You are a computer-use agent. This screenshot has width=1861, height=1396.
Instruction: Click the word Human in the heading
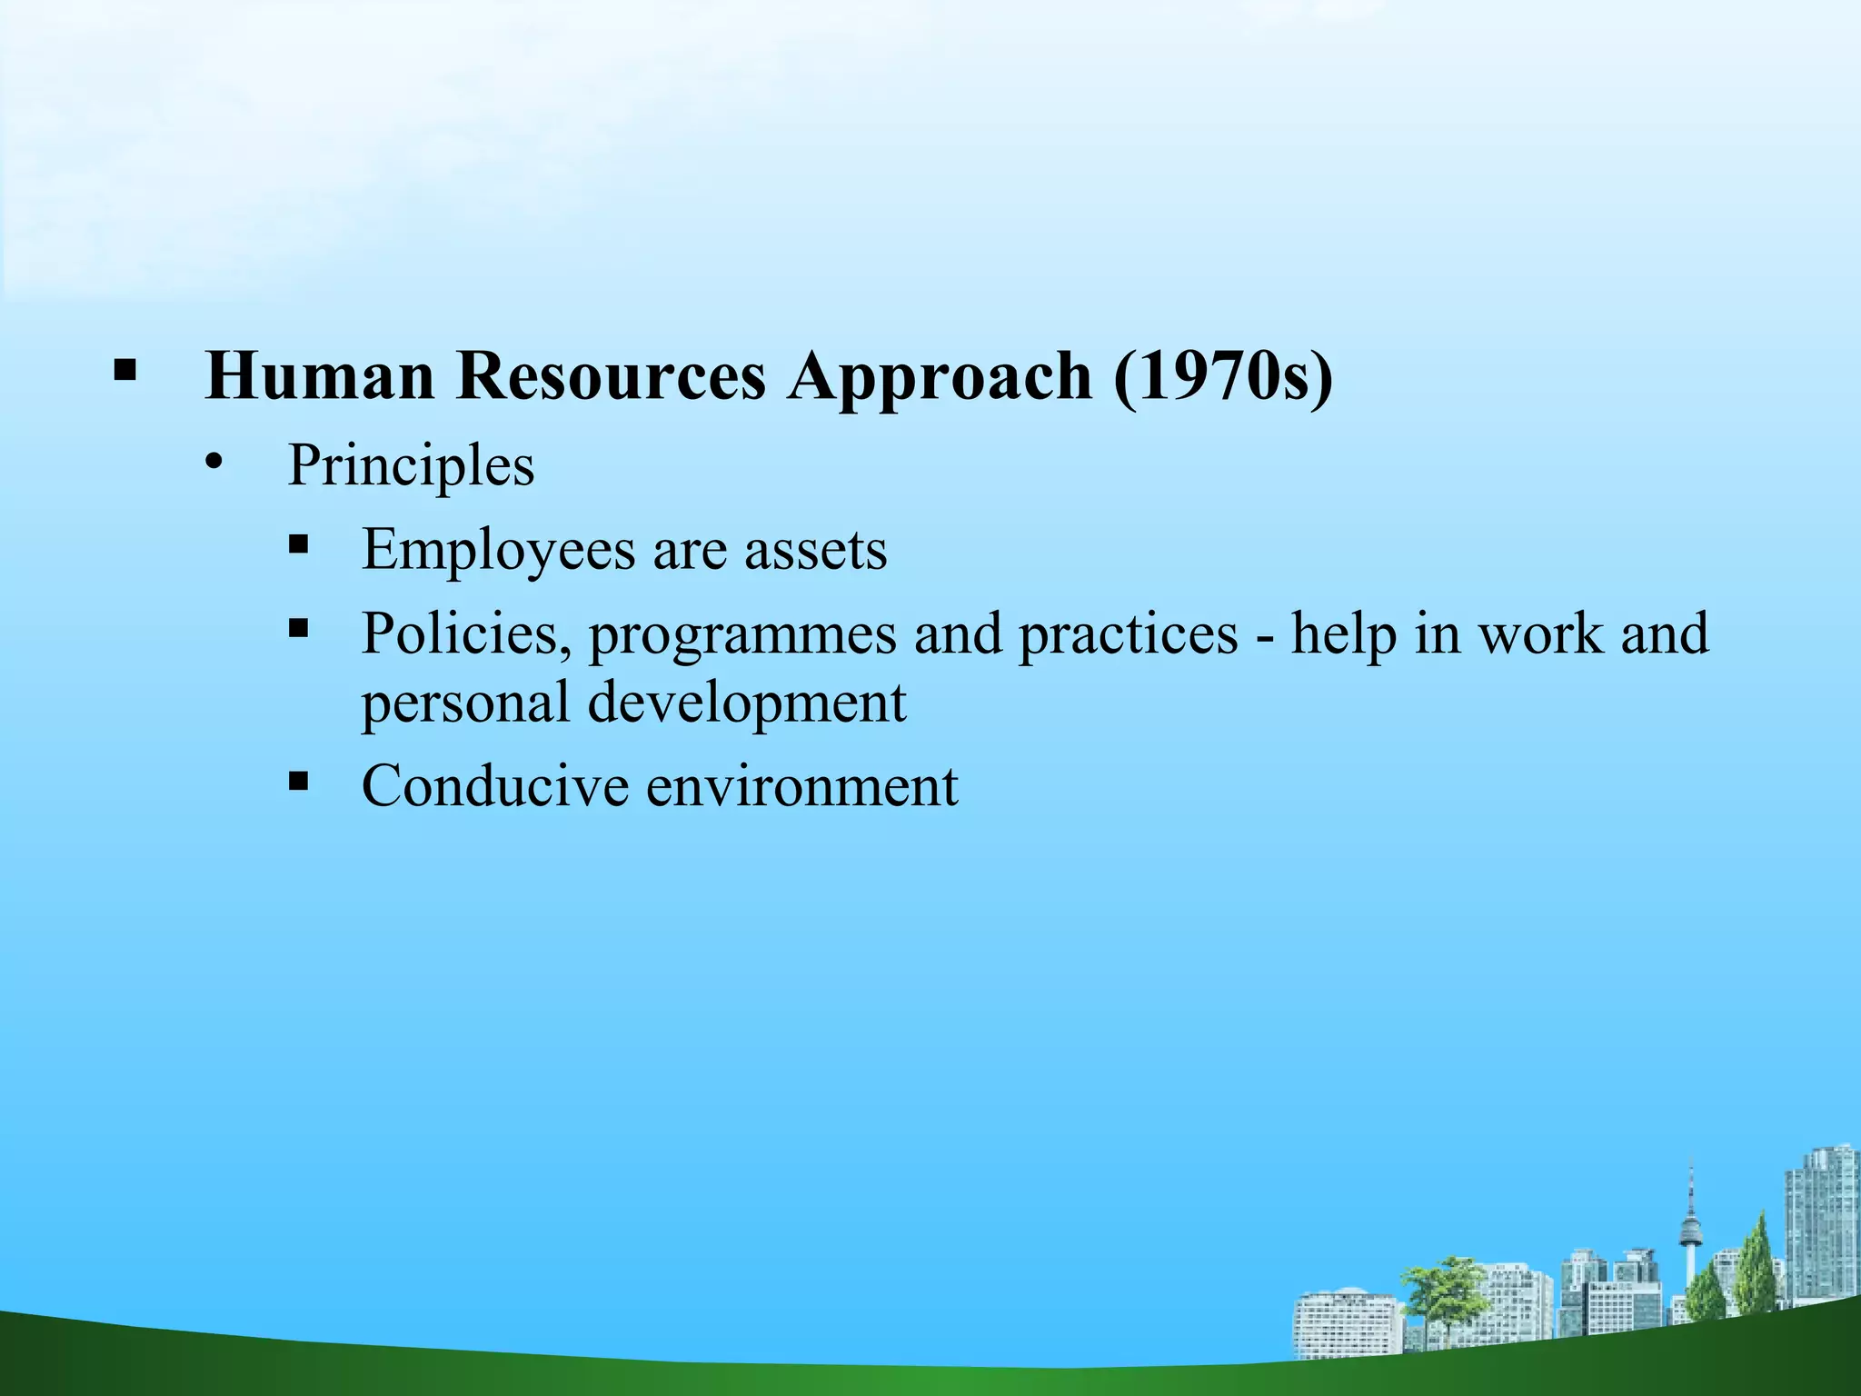(320, 375)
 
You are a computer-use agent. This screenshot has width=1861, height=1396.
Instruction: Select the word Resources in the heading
(611, 375)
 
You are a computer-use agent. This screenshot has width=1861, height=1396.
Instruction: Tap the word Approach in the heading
(940, 375)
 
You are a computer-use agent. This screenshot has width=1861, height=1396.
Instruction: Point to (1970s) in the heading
(1223, 375)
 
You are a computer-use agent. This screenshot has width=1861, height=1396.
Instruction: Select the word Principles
(411, 467)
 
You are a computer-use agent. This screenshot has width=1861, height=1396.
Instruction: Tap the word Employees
(498, 551)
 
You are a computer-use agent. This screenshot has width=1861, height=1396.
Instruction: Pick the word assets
(815, 551)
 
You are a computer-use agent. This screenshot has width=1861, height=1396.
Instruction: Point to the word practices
(1128, 633)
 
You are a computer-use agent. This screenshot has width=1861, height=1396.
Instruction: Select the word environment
(801, 785)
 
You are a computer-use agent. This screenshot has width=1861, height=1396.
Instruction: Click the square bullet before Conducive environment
(298, 781)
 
